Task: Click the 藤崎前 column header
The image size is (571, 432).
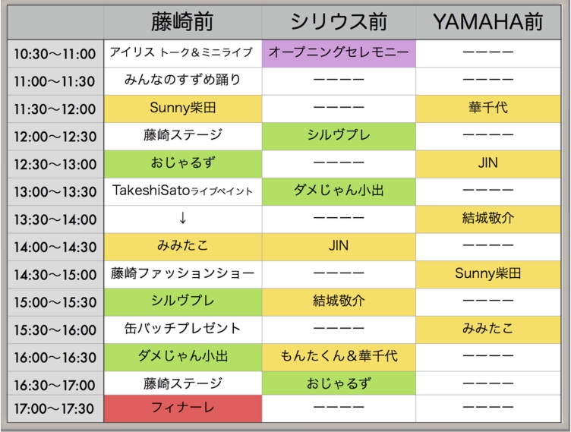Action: point(182,22)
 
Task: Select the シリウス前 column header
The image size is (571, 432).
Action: point(339,22)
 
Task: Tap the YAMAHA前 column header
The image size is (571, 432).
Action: point(488,22)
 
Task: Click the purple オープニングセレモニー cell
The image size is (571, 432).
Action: point(339,53)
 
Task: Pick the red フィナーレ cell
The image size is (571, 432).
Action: point(183,408)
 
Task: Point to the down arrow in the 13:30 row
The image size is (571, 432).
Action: point(183,218)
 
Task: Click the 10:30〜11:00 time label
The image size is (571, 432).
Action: point(55,54)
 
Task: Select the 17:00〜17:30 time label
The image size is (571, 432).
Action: point(54,409)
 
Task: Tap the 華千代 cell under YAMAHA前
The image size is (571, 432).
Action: point(488,109)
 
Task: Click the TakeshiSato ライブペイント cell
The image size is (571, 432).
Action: point(183,191)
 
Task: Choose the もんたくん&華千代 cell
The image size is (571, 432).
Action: point(339,357)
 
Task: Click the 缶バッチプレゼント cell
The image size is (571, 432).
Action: point(183,330)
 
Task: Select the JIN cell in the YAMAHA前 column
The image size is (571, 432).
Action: point(488,163)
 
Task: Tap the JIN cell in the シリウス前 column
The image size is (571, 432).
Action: point(339,247)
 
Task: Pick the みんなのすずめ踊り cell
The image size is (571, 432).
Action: point(183,80)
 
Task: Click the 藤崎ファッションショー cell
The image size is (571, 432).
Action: point(183,274)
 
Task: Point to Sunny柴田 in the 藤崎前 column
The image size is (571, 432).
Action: point(183,109)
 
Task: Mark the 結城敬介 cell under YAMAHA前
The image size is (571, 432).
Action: point(488,219)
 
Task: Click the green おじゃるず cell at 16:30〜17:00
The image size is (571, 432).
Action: point(339,383)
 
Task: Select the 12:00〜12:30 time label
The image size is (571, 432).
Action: point(55,137)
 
